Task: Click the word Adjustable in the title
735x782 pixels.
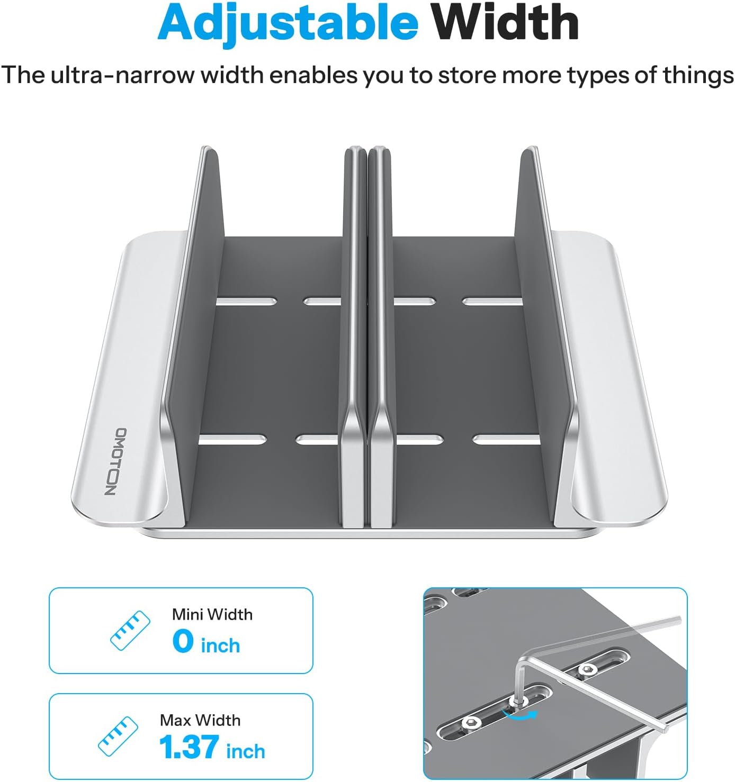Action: pyautogui.click(x=288, y=23)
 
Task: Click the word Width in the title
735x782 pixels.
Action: pyautogui.click(x=504, y=23)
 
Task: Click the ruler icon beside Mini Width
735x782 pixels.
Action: pyautogui.click(x=130, y=631)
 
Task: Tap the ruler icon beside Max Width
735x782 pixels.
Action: pyautogui.click(x=118, y=736)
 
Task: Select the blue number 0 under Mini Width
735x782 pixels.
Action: pyautogui.click(x=183, y=641)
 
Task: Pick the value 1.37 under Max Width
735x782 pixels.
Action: pyautogui.click(x=189, y=747)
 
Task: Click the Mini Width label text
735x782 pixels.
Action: pyautogui.click(x=212, y=614)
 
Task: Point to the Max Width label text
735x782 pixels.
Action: pyautogui.click(x=200, y=720)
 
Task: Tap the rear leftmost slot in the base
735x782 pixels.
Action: pyautogui.click(x=246, y=302)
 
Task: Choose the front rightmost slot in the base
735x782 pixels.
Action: pyautogui.click(x=506, y=440)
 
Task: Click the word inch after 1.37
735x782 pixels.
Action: pyautogui.click(x=245, y=751)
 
